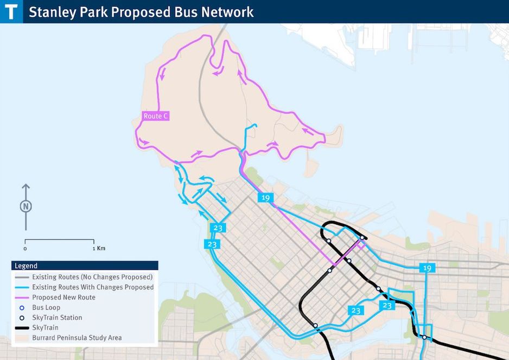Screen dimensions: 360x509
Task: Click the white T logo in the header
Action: (x=11, y=11)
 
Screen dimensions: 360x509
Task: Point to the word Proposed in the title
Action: (x=142, y=12)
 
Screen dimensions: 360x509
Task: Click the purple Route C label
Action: (x=156, y=116)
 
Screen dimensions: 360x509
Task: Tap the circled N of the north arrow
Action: (x=26, y=206)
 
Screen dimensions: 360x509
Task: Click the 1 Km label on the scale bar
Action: (x=98, y=248)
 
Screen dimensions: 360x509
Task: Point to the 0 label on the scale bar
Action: (x=25, y=248)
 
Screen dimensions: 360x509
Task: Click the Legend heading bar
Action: (x=85, y=266)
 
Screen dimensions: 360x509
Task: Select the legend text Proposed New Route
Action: (x=63, y=297)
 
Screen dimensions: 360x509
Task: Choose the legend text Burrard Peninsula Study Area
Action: (x=77, y=338)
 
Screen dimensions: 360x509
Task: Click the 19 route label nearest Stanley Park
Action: (x=265, y=198)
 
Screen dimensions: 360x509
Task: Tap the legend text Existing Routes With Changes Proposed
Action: (x=93, y=287)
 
